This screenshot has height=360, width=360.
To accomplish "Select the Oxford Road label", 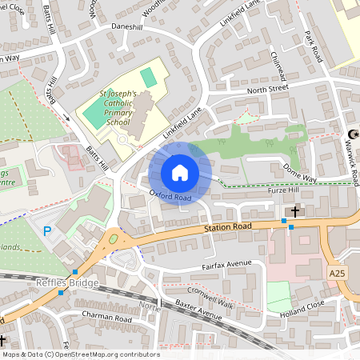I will point(170,198).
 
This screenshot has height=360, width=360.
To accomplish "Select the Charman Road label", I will point(106,315).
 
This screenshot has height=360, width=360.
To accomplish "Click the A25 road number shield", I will point(338,274).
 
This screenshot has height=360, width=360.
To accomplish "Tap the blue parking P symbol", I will point(47,232).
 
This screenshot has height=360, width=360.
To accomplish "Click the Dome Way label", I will point(300,170).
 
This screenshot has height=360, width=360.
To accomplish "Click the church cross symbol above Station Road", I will point(295,211).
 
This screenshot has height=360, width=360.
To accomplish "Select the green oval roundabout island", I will point(113,238).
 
